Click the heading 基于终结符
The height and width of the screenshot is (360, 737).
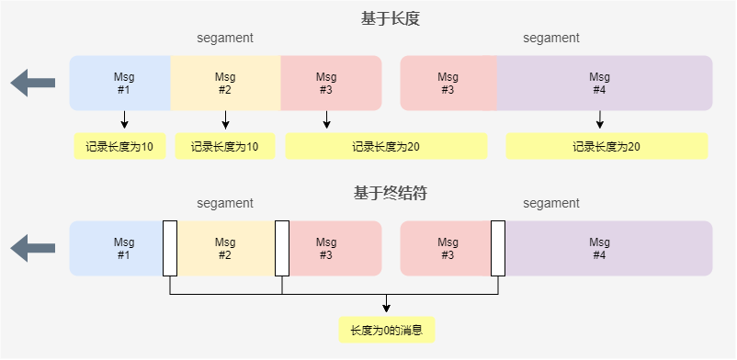391,193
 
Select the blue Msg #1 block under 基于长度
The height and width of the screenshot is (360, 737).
121,84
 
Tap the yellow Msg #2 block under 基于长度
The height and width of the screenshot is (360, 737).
225,84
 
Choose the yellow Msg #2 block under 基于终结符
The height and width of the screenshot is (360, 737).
225,248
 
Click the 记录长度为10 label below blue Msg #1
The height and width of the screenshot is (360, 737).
120,146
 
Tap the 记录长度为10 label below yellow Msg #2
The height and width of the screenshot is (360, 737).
225,146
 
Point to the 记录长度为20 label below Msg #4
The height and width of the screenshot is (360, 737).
607,146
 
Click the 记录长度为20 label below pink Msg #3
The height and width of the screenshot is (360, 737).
386,146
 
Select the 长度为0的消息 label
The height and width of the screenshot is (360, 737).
386,330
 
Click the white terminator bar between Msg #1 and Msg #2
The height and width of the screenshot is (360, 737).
170,248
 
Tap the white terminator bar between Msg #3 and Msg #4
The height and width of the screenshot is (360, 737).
498,248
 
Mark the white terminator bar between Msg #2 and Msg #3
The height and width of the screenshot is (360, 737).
281,248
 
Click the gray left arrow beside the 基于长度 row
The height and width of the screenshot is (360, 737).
33,84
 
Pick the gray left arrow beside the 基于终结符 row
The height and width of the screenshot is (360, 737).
33,248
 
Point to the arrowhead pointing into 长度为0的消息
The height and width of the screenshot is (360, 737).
386,309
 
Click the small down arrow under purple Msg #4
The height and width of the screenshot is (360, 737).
599,121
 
